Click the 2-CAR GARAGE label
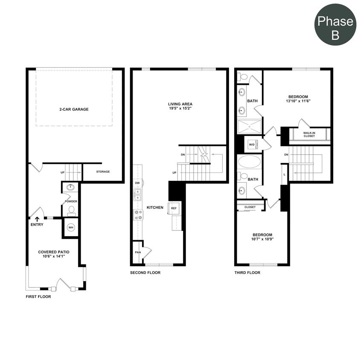coord(74,109)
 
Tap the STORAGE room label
coord(103,171)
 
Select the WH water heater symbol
coord(71,227)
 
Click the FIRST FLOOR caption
coord(38,296)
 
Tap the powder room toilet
coord(71,210)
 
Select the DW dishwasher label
coord(137,183)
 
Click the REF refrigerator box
coord(174,209)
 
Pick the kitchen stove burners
coord(138,215)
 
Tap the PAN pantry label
coord(137,252)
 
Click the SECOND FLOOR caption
coord(145,273)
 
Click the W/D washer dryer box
coord(252,145)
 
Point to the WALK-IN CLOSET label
coord(309,134)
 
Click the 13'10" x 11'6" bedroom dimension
coord(298,102)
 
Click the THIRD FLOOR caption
coord(247,273)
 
